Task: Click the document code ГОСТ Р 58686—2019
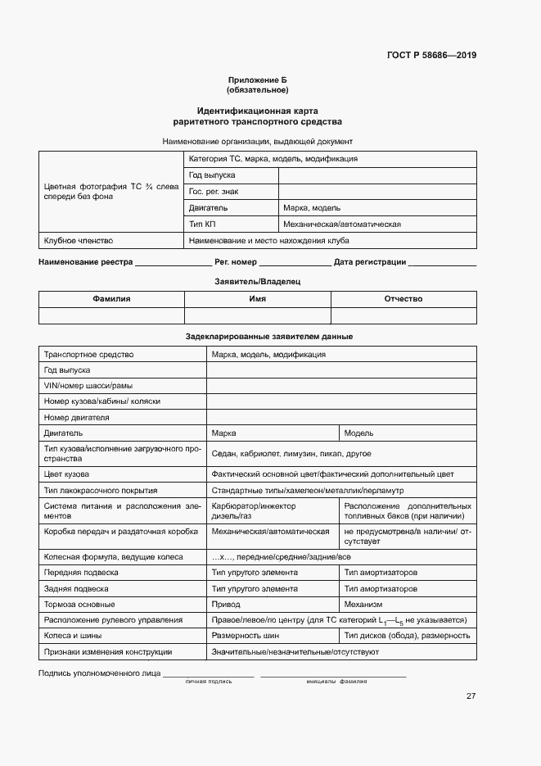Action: tap(431, 56)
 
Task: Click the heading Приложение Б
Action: tap(258, 79)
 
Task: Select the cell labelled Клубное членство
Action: tap(79, 241)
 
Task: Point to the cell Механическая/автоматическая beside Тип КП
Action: tap(341, 224)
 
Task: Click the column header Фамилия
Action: tap(111, 299)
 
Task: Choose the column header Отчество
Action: tap(403, 299)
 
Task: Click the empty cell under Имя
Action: tap(257, 316)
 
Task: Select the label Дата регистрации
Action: tap(370, 262)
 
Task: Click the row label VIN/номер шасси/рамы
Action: tap(88, 386)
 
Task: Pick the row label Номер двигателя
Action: tap(77, 417)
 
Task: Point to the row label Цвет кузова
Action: tap(67, 474)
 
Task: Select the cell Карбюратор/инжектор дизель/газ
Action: tap(254, 511)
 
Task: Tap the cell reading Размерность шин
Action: tap(246, 636)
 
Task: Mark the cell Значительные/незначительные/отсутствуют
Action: tap(295, 651)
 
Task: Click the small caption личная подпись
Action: tap(209, 682)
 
